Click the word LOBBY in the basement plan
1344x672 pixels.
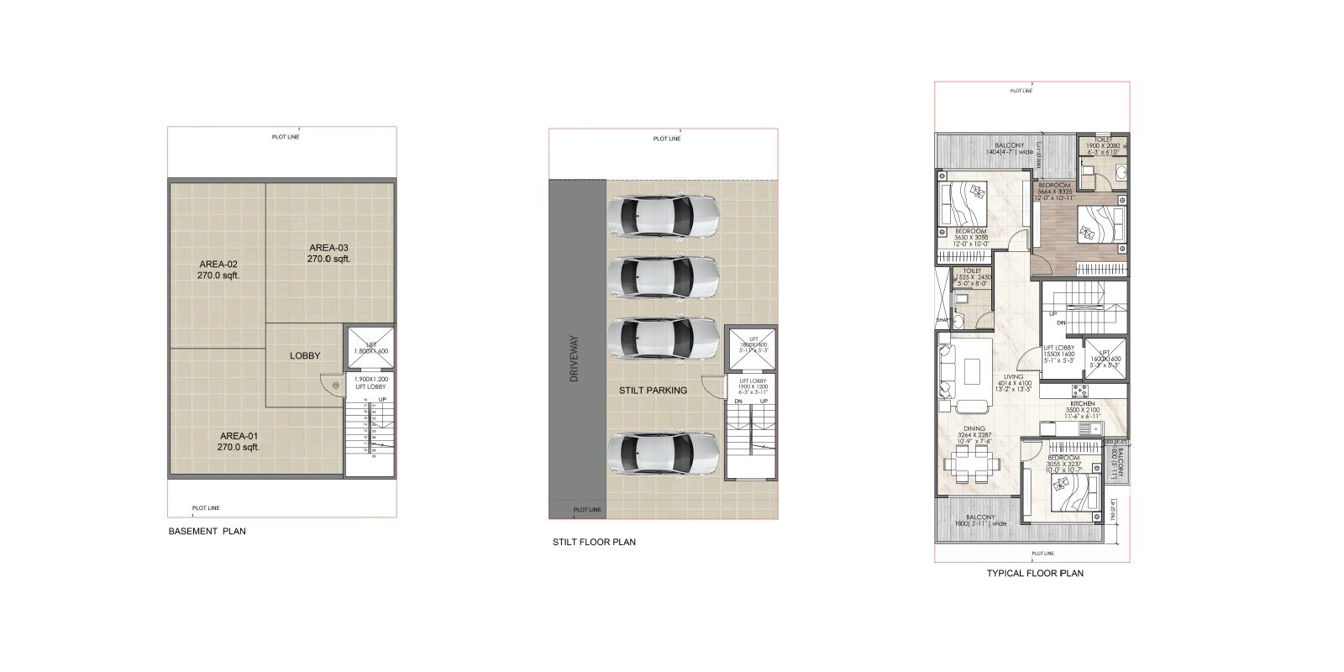tap(305, 355)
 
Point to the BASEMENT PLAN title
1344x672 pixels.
tap(207, 532)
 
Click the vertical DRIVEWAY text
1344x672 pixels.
tap(575, 360)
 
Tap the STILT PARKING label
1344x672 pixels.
tap(653, 390)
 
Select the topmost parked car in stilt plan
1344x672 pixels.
tap(663, 216)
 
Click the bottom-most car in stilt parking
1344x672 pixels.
tap(663, 454)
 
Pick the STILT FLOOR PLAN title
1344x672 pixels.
tap(594, 543)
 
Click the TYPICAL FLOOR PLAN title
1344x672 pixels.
tap(1035, 574)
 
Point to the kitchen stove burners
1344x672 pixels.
tap(1079, 391)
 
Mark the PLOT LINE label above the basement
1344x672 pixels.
tap(286, 136)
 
